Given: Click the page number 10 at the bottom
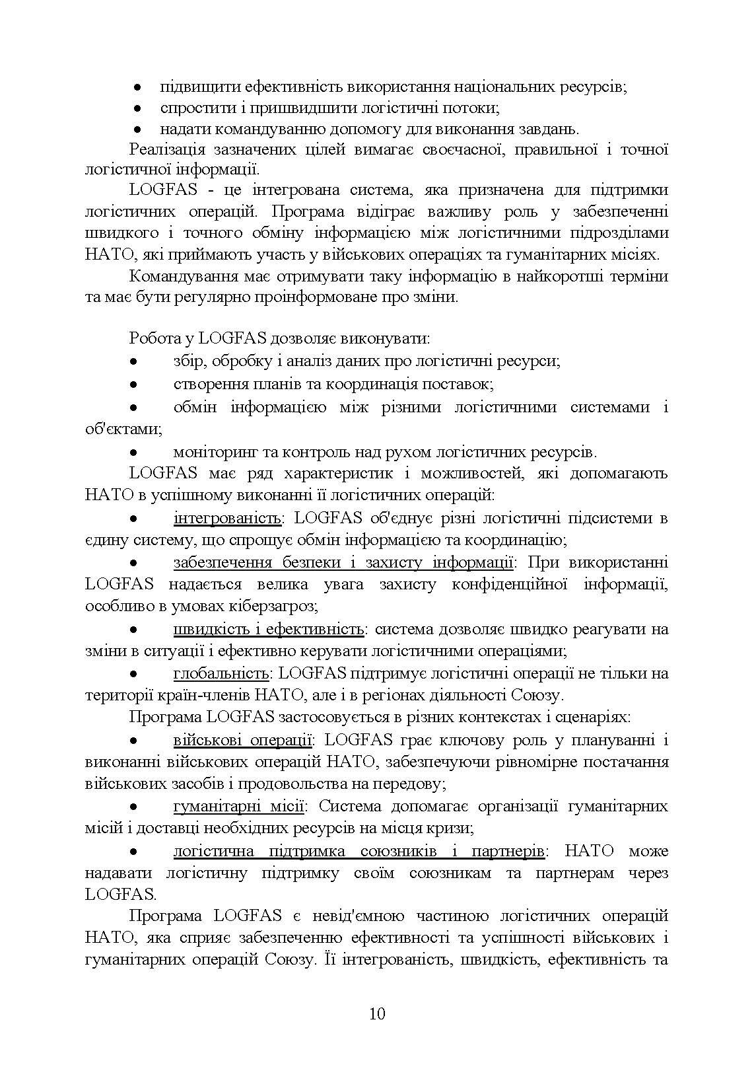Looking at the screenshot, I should coord(377,1013).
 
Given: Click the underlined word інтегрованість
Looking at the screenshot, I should coord(228,518).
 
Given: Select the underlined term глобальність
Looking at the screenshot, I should coord(221,673).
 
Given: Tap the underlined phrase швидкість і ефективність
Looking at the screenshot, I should coord(269,629).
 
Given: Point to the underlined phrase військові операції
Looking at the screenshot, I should coord(242,740).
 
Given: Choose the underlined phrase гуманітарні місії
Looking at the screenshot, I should coord(238,807).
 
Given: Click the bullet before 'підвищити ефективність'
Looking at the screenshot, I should coord(137,87).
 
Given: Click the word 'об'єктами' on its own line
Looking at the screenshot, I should coord(122,429).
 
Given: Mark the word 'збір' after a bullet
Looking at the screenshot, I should coord(186,361).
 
